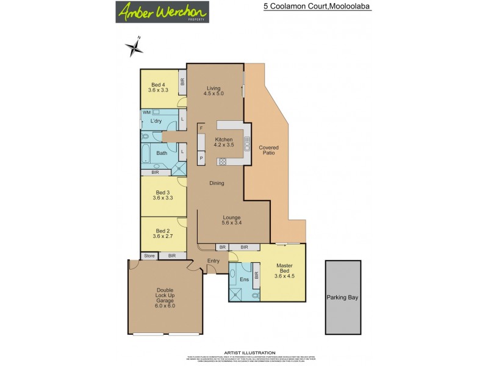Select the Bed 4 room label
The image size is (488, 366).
point(158,87)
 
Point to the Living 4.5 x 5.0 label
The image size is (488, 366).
point(213,90)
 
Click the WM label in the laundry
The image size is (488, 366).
point(146,113)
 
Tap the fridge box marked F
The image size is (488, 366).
point(201,129)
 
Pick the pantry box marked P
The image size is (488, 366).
point(201,159)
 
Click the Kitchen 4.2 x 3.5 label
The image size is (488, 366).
point(223,143)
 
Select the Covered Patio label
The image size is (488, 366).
point(268,150)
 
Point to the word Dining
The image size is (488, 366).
point(216,183)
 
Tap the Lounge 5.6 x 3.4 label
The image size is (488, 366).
point(231,220)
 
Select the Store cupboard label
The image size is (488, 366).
point(149,256)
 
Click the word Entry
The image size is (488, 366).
point(213,261)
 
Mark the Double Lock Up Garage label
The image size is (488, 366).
point(165,298)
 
